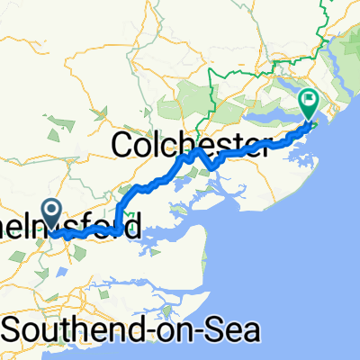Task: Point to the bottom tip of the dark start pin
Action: (x=51, y=230)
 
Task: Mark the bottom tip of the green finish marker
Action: (x=308, y=121)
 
